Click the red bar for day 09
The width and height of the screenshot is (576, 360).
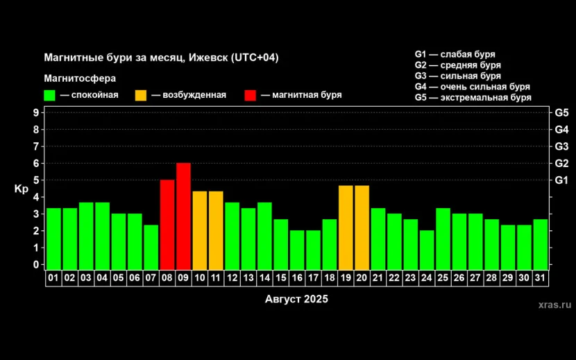click(x=183, y=216)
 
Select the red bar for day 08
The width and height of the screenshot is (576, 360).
click(x=167, y=224)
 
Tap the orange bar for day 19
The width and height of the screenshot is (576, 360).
click(x=346, y=227)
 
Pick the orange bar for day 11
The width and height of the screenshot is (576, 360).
click(x=216, y=230)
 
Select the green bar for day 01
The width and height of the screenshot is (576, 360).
click(x=53, y=238)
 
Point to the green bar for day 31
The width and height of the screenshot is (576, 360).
click(x=541, y=243)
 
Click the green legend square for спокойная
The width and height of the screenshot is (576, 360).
click(x=49, y=95)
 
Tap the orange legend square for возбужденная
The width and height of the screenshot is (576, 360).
click(x=141, y=95)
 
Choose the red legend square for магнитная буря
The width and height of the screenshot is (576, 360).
click(x=251, y=95)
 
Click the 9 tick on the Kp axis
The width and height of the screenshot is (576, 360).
click(x=35, y=112)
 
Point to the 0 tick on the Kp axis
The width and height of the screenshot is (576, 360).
click(x=35, y=264)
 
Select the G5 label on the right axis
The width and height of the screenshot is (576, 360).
click(x=561, y=112)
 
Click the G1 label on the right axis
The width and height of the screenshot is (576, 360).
click(x=561, y=180)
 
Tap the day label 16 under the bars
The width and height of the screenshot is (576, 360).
click(x=297, y=277)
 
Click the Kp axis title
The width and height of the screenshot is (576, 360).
click(x=20, y=189)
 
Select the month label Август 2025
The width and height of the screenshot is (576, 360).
click(x=296, y=300)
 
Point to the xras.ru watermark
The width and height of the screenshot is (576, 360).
click(x=554, y=305)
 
